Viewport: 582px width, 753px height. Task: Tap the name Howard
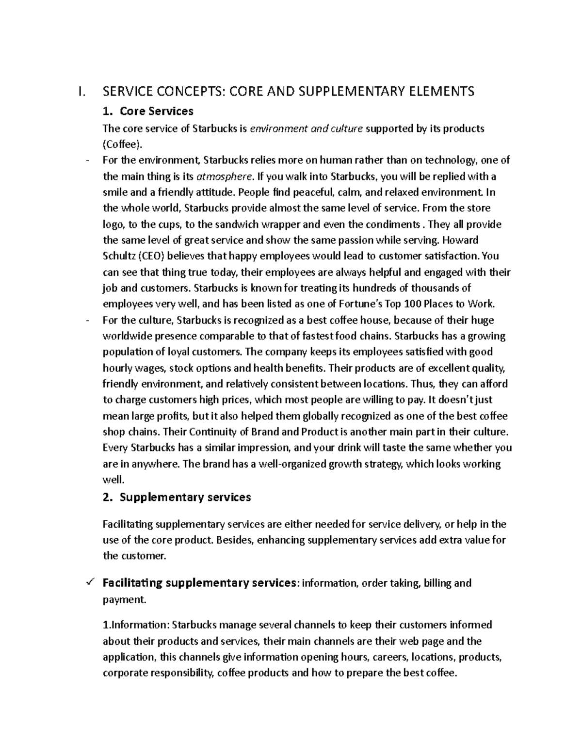[x=460, y=240]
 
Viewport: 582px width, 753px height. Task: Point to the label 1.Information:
[x=136, y=625]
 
